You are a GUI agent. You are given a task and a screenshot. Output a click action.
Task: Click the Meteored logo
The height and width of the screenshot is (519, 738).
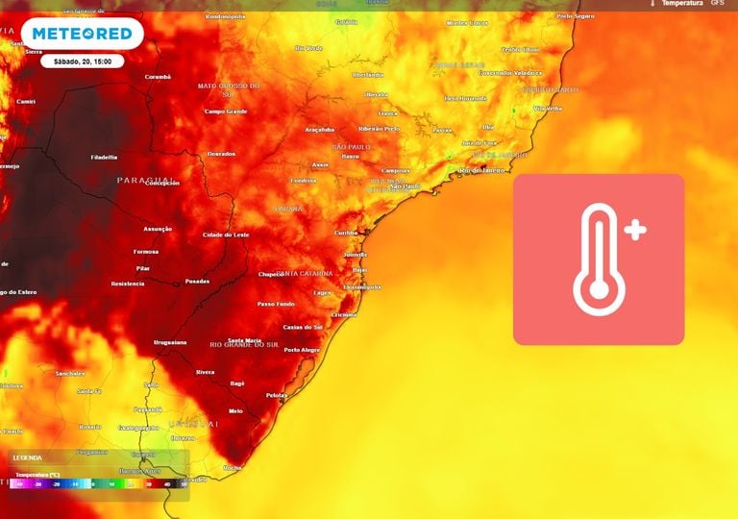[x=82, y=35]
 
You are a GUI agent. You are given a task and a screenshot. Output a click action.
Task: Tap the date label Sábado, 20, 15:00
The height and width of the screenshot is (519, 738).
[x=83, y=61]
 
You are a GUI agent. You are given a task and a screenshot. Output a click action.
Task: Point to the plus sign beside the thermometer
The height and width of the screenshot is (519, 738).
[x=635, y=230]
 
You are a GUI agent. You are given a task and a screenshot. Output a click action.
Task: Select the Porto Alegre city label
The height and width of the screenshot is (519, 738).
[x=302, y=350]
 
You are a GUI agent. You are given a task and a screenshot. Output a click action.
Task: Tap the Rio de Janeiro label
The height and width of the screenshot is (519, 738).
[x=484, y=170]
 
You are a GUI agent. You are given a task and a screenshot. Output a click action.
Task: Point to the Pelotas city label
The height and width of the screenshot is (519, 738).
[x=277, y=395]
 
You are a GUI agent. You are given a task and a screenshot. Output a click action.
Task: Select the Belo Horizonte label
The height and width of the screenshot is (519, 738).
[x=465, y=97]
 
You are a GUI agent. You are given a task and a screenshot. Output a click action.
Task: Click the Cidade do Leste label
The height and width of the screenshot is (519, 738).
[x=226, y=235]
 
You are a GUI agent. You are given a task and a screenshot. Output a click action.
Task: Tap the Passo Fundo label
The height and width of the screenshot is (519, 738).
[x=275, y=304]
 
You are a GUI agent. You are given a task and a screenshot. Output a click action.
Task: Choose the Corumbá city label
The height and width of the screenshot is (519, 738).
[x=158, y=76]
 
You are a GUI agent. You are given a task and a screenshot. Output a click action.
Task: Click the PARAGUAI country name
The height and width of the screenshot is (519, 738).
[x=146, y=180]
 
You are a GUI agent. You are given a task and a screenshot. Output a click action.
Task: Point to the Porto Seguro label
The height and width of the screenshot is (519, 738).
[x=576, y=16]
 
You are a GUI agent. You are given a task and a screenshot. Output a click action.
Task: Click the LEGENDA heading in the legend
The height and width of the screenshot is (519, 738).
[x=28, y=457]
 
